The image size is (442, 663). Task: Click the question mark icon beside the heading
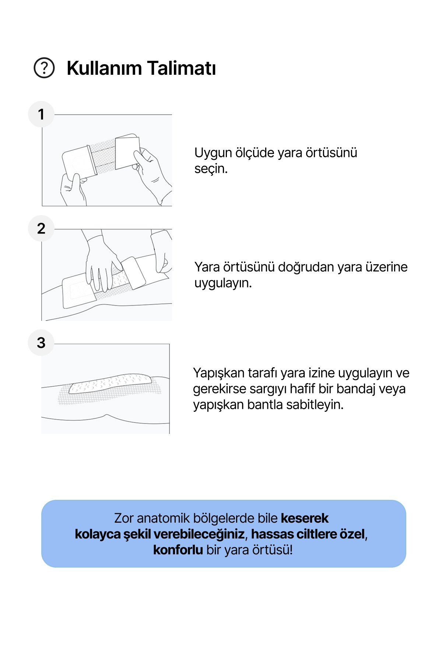[44, 68]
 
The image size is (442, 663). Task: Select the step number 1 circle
[41, 114]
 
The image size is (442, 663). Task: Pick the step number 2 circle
[41, 228]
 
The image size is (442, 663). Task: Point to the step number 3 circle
[41, 343]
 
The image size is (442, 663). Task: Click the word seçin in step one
[211, 169]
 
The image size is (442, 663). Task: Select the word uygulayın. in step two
[223, 283]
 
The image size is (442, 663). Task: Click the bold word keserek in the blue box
[305, 518]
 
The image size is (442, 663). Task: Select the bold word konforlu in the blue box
[178, 550]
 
